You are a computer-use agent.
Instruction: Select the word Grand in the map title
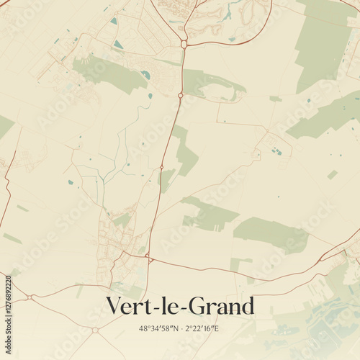point(222,306)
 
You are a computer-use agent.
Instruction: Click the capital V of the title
point(115,306)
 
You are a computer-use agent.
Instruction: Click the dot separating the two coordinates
point(179,329)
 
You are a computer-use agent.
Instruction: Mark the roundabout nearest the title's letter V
point(95,330)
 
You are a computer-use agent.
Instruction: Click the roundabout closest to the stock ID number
point(30,297)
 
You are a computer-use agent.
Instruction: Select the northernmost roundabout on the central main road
point(184,44)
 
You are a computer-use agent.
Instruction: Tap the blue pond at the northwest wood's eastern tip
point(146,75)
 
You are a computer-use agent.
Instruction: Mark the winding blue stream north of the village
point(108,173)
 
